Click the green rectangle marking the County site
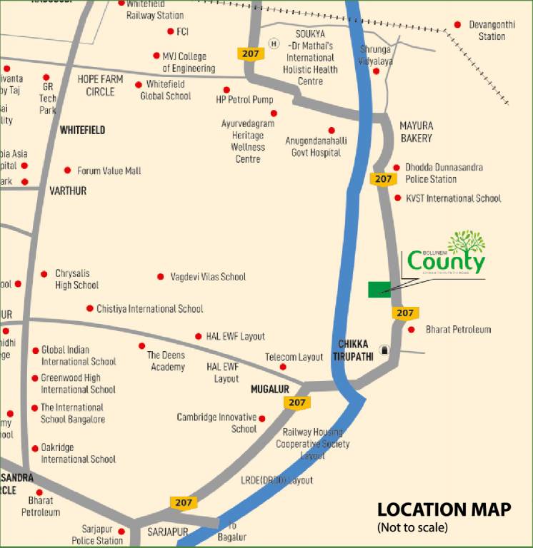[379, 289]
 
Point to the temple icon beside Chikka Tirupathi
[386, 350]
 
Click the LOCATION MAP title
[444, 509]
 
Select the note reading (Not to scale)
[412, 528]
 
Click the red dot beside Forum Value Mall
[68, 171]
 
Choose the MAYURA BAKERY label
[417, 131]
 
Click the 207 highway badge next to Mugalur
[297, 402]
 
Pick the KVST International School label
[453, 198]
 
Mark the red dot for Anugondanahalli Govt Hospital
[332, 130]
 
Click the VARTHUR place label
[68, 191]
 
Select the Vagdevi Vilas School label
[208, 277]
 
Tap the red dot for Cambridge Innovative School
[262, 419]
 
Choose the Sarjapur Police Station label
[97, 535]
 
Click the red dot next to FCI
[170, 31]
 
